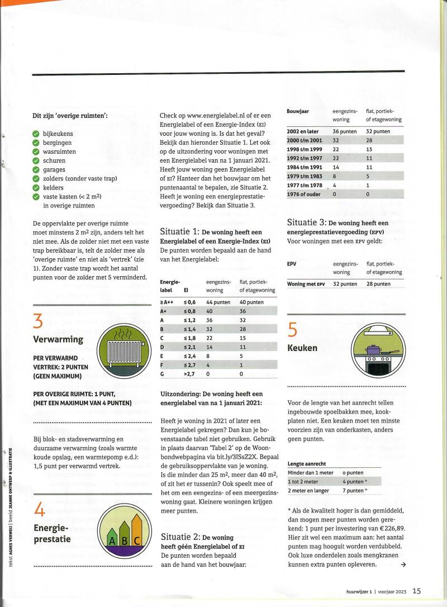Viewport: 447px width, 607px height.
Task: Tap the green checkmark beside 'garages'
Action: pyautogui.click(x=36, y=169)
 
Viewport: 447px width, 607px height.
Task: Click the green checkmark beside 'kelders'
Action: pyautogui.click(x=36, y=188)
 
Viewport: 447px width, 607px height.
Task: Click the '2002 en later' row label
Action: pyautogui.click(x=303, y=131)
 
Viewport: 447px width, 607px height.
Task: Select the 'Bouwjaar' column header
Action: pyautogui.click(x=298, y=111)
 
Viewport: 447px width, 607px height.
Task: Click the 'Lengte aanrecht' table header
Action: pyautogui.click(x=307, y=464)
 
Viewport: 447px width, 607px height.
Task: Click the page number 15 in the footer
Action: pyautogui.click(x=417, y=591)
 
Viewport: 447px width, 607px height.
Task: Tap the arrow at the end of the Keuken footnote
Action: pyautogui.click(x=403, y=565)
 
